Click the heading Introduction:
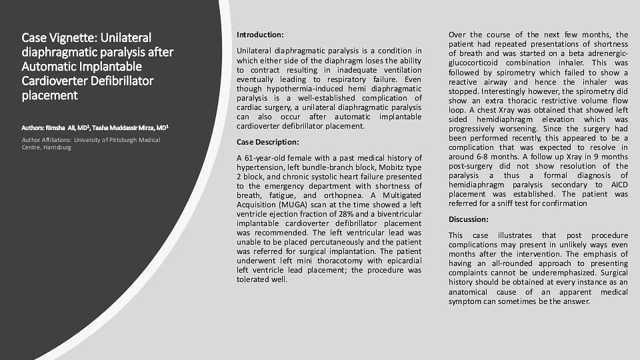(260, 34)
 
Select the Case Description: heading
(268, 141)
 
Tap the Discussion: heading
(469, 219)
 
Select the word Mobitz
(386, 167)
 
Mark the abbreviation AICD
(615, 184)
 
